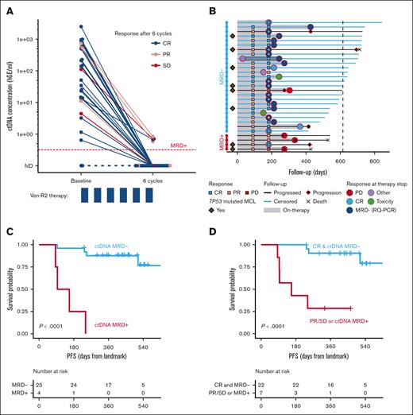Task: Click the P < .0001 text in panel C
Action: (x=55, y=325)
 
